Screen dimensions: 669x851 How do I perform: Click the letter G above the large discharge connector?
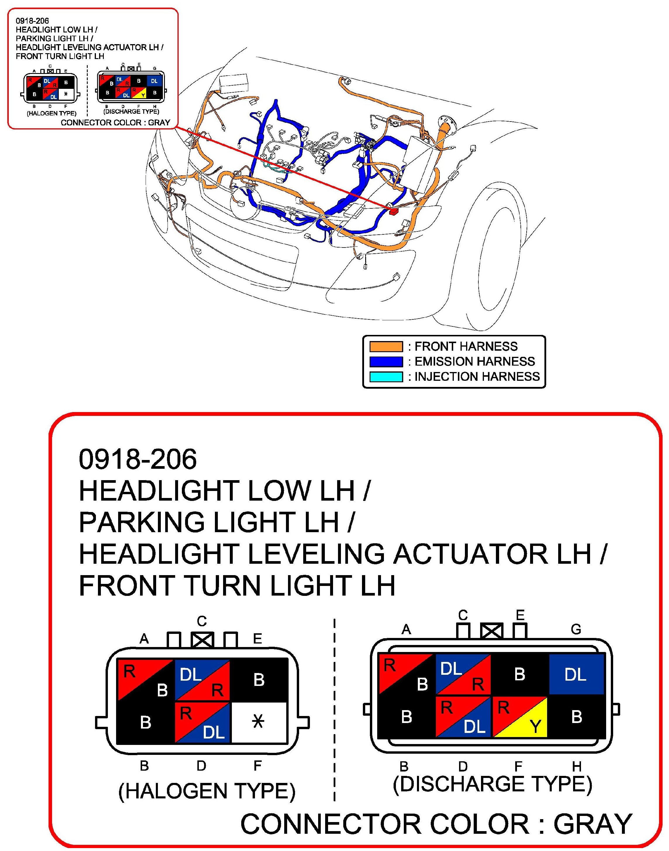[x=576, y=629]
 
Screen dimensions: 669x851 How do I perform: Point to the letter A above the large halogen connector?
[x=144, y=639]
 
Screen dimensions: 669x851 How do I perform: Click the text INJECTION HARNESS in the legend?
[x=477, y=377]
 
